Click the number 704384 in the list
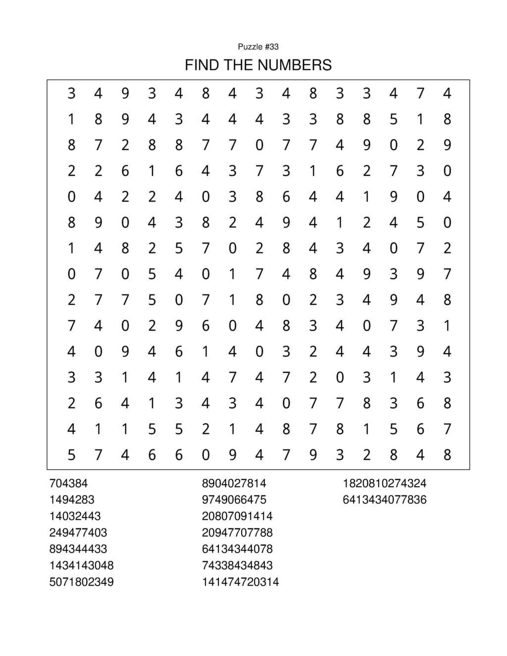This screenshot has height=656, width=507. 68,483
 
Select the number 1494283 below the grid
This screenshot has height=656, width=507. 72,500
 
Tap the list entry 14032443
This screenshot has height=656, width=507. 75,516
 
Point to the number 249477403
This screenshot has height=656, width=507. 78,532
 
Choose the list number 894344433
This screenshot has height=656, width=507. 78,549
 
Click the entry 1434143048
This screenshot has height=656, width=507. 81,565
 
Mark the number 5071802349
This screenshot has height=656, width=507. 81,581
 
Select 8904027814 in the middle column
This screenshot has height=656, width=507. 234,483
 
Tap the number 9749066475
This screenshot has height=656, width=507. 234,500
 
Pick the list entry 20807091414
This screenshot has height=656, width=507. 237,516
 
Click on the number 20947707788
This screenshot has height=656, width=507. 237,532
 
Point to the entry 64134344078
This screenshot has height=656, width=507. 237,549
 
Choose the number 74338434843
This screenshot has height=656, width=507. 237,565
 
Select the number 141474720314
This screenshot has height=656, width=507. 240,581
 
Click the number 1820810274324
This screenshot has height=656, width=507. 384,483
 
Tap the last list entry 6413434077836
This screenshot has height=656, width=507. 384,500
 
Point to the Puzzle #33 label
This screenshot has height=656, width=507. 258,47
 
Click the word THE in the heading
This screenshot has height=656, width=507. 238,65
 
